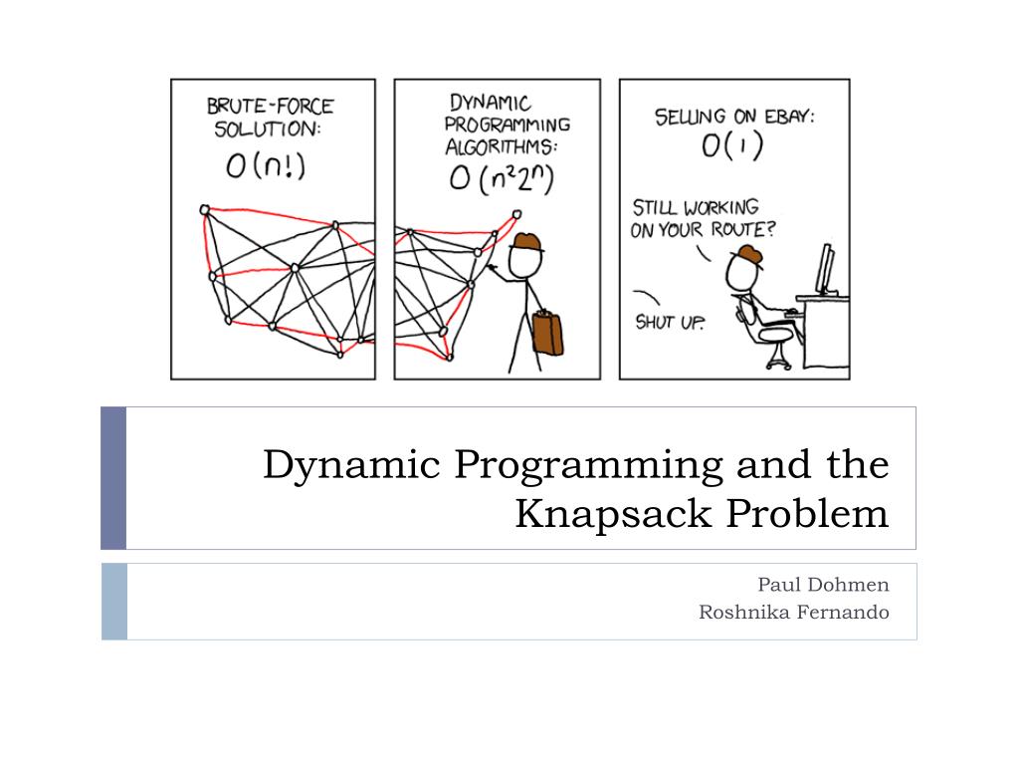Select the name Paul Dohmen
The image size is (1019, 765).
[x=823, y=584]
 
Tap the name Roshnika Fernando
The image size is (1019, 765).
[x=793, y=612]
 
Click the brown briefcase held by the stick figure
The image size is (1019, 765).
[x=546, y=333]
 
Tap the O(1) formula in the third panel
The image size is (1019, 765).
[x=732, y=147]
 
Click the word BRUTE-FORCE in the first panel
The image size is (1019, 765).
[x=270, y=105]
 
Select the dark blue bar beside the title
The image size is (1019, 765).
[x=113, y=478]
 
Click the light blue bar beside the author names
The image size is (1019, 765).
[x=113, y=601]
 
